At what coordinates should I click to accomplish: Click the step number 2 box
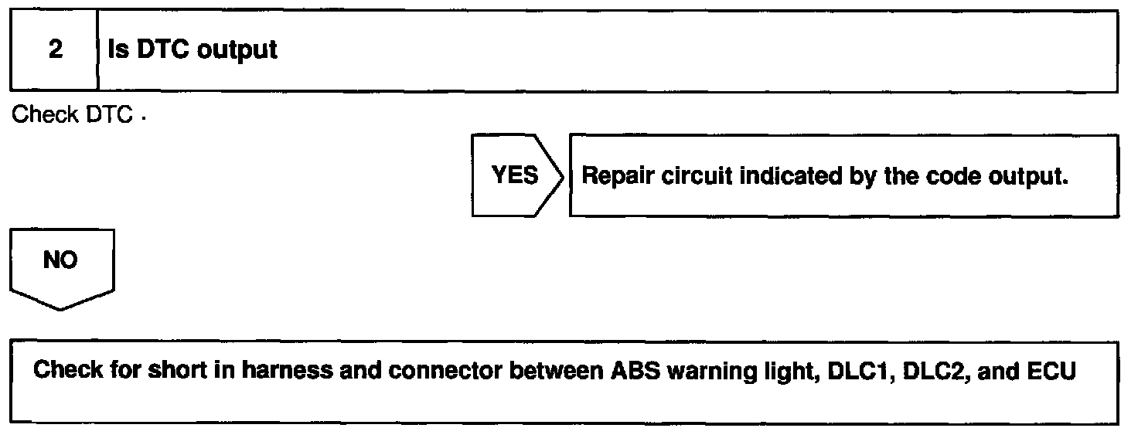click(x=55, y=51)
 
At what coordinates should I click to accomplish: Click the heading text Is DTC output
click(x=193, y=51)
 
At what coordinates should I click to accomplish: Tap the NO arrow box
click(x=61, y=263)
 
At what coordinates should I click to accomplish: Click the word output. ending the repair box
click(x=1028, y=176)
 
